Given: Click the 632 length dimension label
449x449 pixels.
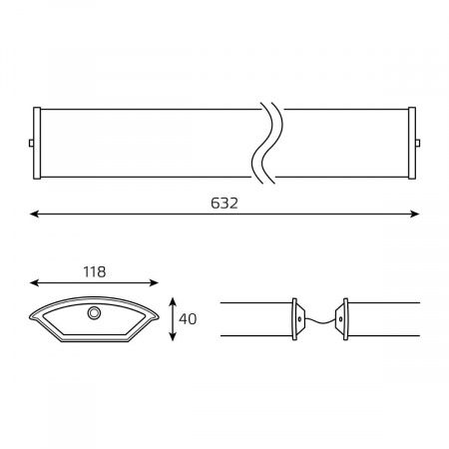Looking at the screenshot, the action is tap(224, 204).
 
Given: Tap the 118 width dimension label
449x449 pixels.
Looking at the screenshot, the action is tap(95, 272).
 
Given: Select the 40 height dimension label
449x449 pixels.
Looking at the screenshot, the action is tap(188, 319).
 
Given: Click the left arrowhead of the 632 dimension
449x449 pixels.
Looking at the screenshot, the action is tap(34, 214).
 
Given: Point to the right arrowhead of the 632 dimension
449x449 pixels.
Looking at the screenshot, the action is tap(414, 214).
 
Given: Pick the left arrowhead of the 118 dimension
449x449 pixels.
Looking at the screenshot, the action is tap(34, 283).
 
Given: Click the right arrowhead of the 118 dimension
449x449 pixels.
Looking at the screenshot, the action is tap(154, 283).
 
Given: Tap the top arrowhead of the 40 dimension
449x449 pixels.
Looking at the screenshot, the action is tap(173, 302).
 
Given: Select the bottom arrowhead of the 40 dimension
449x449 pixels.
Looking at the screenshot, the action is tap(173, 336).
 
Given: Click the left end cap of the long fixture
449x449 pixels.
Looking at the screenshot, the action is tap(37, 143).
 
